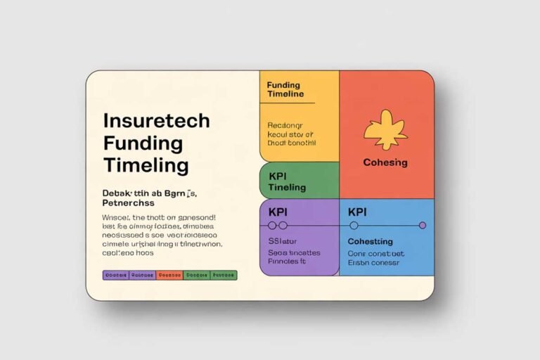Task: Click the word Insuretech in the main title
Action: click(155, 120)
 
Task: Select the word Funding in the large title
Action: click(143, 143)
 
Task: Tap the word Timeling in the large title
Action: click(146, 166)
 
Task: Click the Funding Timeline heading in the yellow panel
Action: click(285, 89)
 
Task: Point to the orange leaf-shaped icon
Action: click(385, 129)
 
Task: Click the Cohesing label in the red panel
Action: click(385, 162)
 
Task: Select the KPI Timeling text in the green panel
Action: click(287, 181)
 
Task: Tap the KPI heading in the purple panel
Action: click(279, 211)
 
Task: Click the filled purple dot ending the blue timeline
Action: click(423, 226)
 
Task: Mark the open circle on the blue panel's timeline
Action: click(354, 226)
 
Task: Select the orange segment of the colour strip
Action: click(169, 275)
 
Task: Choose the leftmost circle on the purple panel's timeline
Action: click(271, 226)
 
